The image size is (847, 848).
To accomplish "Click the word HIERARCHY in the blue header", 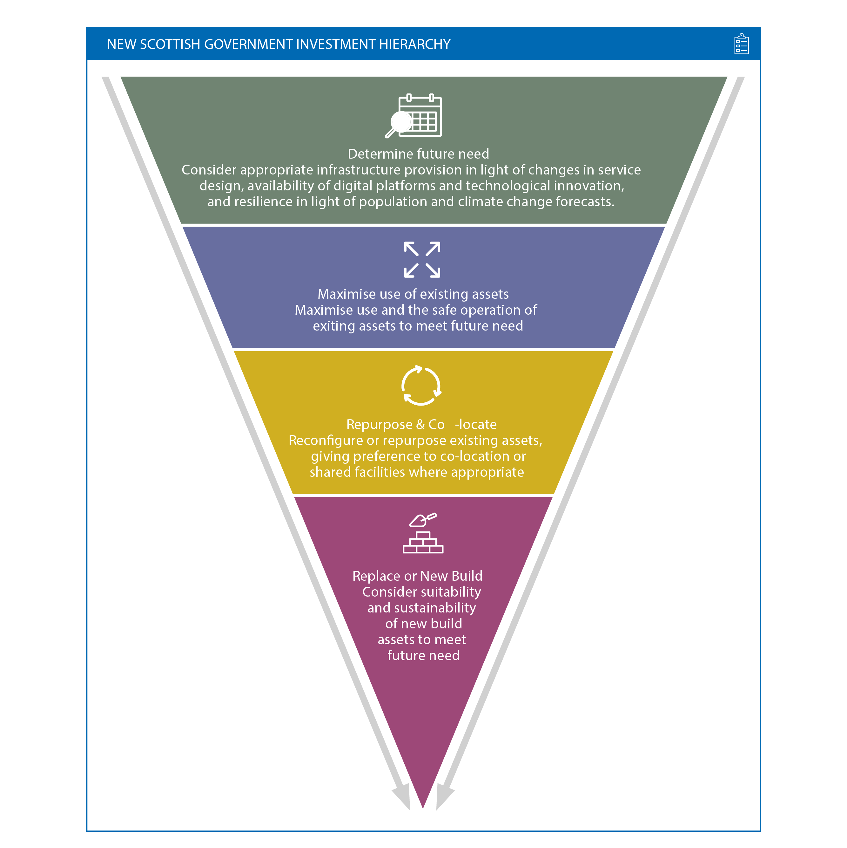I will coord(414,44).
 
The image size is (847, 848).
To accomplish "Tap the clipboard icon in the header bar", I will coord(741,44).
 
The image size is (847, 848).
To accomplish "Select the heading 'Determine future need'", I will coord(418,154).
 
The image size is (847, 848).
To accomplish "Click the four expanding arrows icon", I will coord(421,259).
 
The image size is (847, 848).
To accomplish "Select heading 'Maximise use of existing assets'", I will coord(413,294).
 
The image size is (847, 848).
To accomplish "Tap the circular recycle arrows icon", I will coord(421,385).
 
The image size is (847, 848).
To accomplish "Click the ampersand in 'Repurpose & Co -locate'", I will coord(420,424).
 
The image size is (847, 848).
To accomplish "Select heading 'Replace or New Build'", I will coord(417,576).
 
